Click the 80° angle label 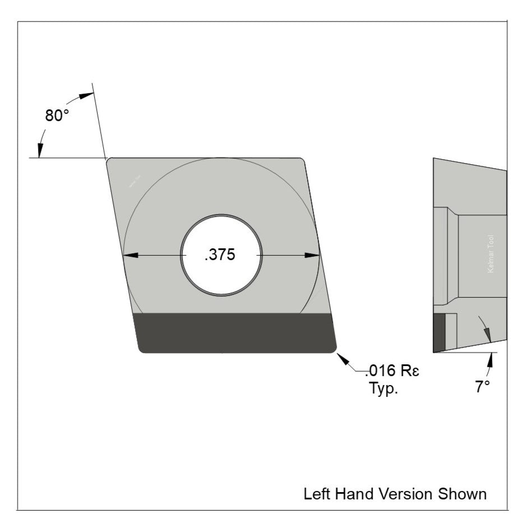tap(57, 115)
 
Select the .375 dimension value tap(220, 255)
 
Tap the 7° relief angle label tap(483, 387)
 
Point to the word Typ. tap(383, 388)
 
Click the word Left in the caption tap(315, 494)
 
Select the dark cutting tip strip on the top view tap(235, 333)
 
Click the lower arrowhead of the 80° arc tap(40, 150)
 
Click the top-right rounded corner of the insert tap(302, 161)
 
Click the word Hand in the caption tap(354, 494)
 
